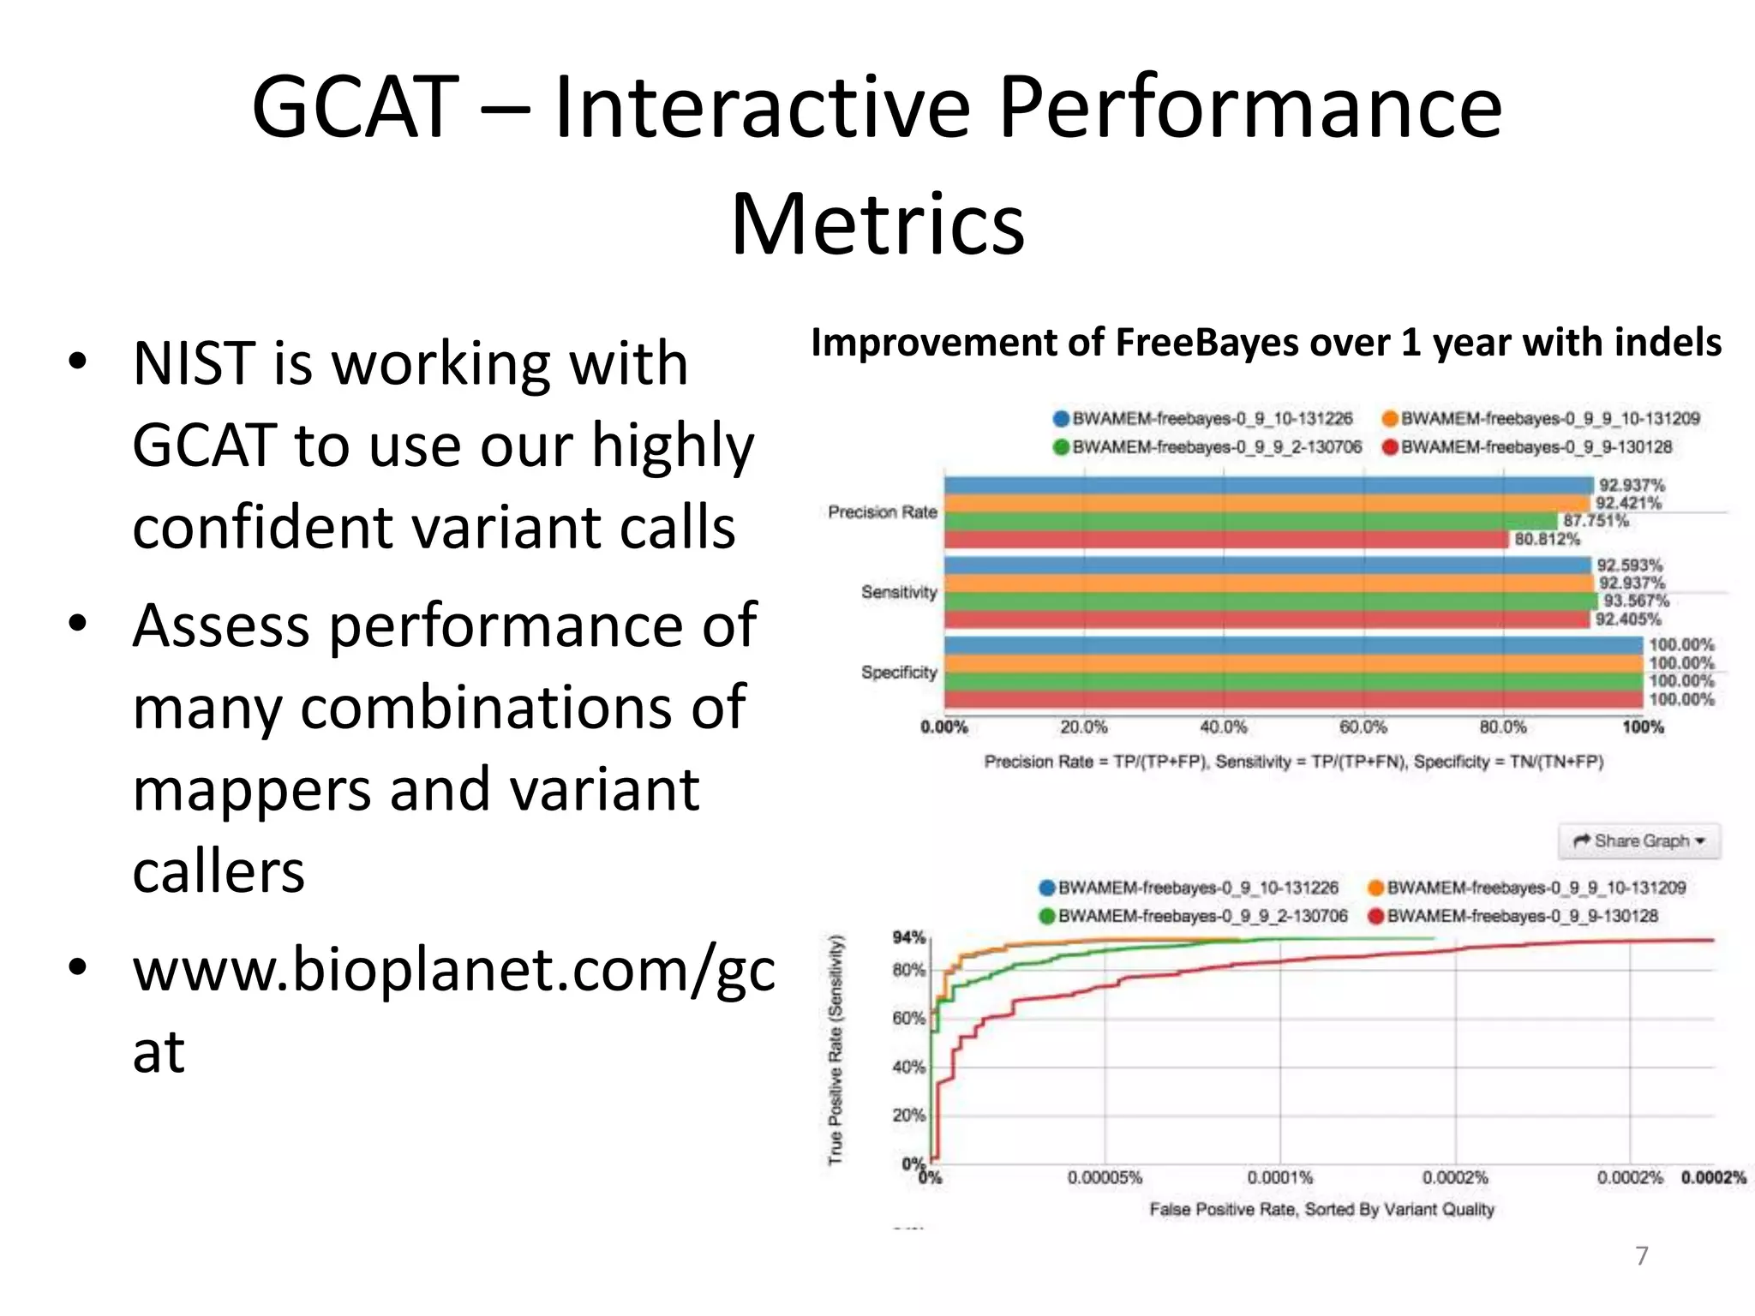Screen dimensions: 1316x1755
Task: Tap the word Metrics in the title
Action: pos(877,224)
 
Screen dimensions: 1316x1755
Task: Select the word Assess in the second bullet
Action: pos(221,625)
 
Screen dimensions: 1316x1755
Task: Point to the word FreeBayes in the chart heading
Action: pos(1209,343)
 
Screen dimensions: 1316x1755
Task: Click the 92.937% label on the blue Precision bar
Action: pos(1632,486)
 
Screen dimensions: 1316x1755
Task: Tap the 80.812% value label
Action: pos(1547,539)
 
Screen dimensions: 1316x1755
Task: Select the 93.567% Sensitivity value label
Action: pos(1636,601)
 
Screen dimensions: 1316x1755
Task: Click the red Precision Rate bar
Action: pos(1225,540)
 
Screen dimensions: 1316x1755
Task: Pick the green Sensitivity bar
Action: pos(1268,601)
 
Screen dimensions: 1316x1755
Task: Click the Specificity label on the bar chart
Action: pos(899,673)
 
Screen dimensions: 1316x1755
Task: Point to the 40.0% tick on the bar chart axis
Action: pos(1223,727)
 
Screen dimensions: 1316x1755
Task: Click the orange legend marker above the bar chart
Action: pos(1390,419)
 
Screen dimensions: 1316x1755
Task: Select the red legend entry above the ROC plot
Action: pos(1512,916)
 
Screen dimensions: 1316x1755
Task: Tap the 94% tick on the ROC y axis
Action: pos(908,937)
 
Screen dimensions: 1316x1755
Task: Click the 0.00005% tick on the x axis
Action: pos(1105,1178)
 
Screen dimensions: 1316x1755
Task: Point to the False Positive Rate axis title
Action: pos(1321,1209)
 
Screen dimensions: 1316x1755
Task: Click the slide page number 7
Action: pos(1641,1256)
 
